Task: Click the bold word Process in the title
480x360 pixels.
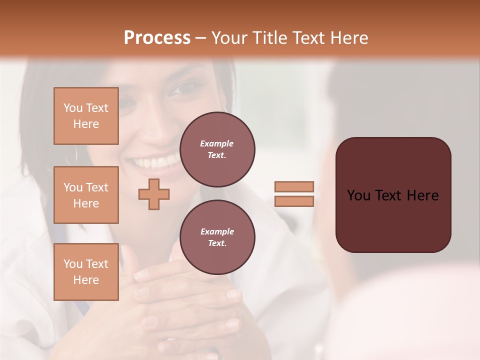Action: tap(157, 38)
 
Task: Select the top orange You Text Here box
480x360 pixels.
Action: tap(86, 116)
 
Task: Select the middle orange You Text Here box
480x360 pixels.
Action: tap(86, 195)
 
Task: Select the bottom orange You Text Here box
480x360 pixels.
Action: tap(86, 272)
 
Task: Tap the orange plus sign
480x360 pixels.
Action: tap(154, 194)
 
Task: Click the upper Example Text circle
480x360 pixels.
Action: tap(217, 149)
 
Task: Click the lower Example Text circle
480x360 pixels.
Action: tap(217, 237)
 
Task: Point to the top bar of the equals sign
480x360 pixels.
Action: tap(294, 186)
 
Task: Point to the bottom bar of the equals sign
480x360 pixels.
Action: tap(294, 201)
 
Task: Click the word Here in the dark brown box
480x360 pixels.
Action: tap(422, 195)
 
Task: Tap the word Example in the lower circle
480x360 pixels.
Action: tap(217, 231)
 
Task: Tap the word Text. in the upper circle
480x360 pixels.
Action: tap(217, 155)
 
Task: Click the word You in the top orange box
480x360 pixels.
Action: tap(73, 108)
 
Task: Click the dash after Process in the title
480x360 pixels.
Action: tap(201, 38)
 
